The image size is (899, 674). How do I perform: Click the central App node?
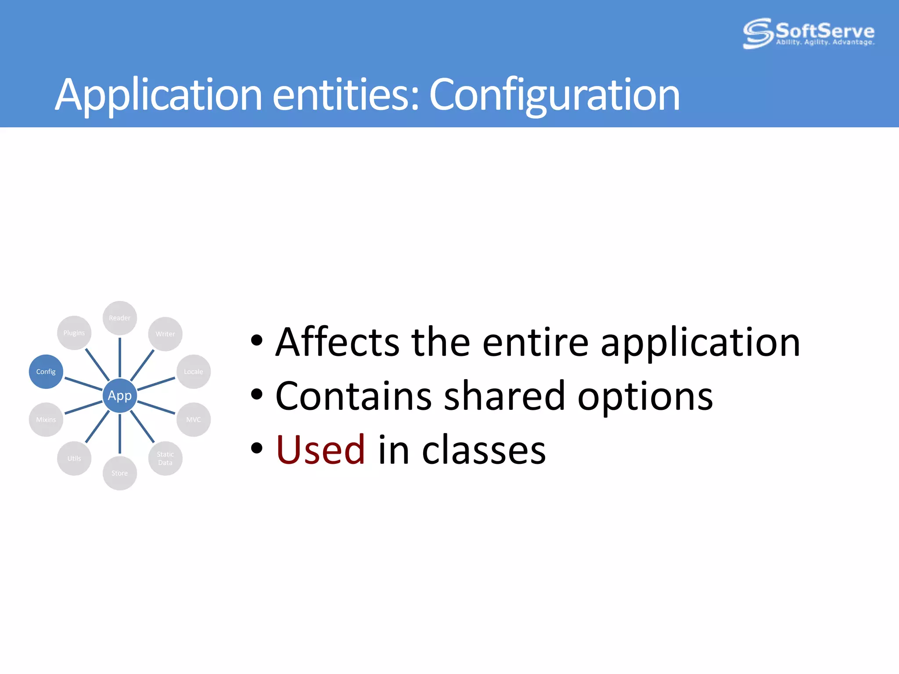pyautogui.click(x=119, y=395)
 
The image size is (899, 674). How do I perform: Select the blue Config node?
pyautogui.click(x=46, y=372)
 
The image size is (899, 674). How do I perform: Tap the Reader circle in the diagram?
pyautogui.click(x=119, y=318)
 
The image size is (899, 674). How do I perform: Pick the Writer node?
pyautogui.click(x=165, y=334)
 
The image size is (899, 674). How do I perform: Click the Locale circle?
pyautogui.click(x=194, y=372)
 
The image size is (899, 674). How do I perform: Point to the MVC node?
pyautogui.click(x=194, y=419)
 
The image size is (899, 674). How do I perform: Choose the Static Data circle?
pyautogui.click(x=165, y=458)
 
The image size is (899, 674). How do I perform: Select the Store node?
pyautogui.click(x=119, y=473)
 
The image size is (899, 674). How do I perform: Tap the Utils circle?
pyautogui.click(x=74, y=458)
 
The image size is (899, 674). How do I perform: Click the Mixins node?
pyautogui.click(x=46, y=419)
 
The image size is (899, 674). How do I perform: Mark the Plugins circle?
pyautogui.click(x=74, y=333)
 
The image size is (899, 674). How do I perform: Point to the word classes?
pyautogui.click(x=484, y=451)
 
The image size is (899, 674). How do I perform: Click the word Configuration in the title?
pyautogui.click(x=554, y=94)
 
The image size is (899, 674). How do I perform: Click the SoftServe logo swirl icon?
pyautogui.click(x=758, y=33)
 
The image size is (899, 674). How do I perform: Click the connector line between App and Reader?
pyautogui.click(x=119, y=358)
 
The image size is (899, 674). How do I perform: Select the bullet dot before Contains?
pyautogui.click(x=257, y=394)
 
